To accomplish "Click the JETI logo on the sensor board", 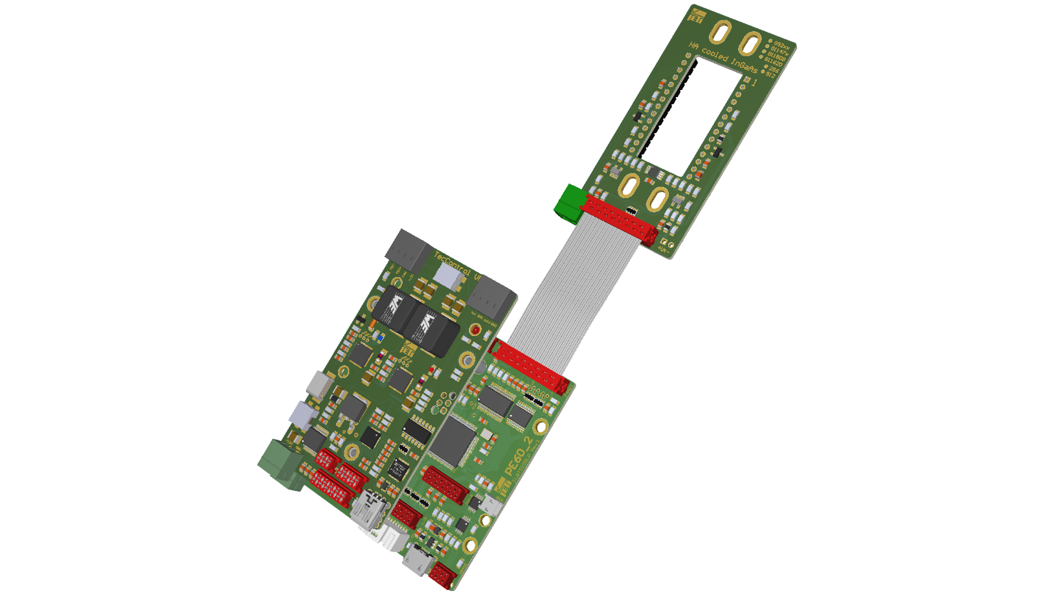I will pyautogui.click(x=697, y=14).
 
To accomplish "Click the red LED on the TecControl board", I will pyautogui.click(x=476, y=331).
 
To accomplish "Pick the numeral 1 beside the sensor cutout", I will pyautogui.click(x=754, y=84).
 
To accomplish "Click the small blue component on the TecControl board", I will pyautogui.click(x=380, y=337).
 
